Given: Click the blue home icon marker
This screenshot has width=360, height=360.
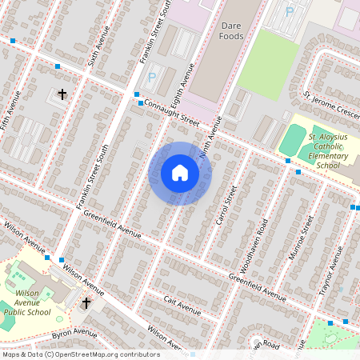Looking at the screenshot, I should [x=180, y=173].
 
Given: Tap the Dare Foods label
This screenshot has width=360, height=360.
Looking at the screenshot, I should [x=231, y=30].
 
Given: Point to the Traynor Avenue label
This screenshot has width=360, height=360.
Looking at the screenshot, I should [x=330, y=272].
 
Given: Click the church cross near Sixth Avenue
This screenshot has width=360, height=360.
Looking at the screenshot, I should [x=62, y=95].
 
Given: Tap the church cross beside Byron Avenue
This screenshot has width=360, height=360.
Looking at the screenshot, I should [x=86, y=303].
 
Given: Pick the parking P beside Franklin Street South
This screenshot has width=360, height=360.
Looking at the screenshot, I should [x=151, y=78].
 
